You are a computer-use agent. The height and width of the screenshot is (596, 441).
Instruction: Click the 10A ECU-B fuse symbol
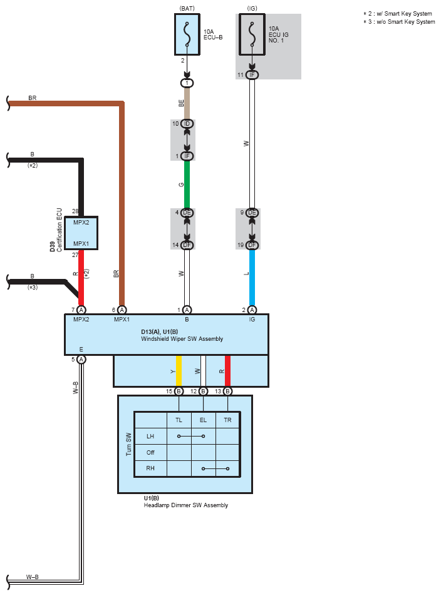coord(187,34)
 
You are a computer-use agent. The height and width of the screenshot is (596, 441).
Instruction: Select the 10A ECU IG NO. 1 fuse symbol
coord(252,34)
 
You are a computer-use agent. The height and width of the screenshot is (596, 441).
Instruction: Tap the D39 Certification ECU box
coord(81,233)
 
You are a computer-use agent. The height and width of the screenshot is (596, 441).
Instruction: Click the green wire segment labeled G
coord(187,184)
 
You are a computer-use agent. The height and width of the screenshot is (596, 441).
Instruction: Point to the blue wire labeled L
coord(252,278)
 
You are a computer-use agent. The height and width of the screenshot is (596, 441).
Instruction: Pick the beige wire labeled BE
coord(187,103)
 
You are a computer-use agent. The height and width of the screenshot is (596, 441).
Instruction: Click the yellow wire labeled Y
coord(179,371)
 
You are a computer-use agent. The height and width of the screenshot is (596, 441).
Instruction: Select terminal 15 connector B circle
coord(179,391)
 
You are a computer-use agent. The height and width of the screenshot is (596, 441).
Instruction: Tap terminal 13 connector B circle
coord(227,391)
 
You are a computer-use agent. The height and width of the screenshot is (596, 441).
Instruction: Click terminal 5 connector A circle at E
coord(81,359)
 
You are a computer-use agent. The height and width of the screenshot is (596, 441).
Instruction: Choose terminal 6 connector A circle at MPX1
coord(122,310)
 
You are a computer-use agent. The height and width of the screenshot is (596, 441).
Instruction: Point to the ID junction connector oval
coord(187,124)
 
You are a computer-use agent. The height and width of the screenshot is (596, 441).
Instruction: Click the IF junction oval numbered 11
coord(252,75)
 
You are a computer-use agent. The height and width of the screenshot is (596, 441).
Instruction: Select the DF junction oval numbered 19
coord(252,245)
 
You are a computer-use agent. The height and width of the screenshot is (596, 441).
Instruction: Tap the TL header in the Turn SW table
coord(179,420)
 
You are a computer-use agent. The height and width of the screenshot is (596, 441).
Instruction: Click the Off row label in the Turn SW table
coord(150,452)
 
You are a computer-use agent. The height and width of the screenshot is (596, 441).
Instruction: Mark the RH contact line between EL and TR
coord(215,468)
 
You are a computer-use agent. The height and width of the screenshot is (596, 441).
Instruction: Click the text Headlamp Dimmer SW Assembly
coord(186,505)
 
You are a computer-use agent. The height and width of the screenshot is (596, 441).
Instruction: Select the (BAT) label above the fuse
coord(187,8)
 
